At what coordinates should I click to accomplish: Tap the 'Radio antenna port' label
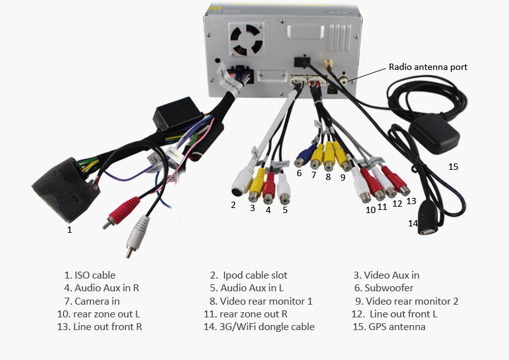coord(428,67)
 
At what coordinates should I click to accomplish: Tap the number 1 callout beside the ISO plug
coord(69,230)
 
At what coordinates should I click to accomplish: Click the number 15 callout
coord(453,167)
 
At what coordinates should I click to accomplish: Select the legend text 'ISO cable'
coord(95,275)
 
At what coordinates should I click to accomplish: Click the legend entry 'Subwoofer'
coord(389,288)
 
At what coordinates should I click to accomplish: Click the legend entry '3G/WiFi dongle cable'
coord(267,327)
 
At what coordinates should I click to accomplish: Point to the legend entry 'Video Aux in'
coord(391,275)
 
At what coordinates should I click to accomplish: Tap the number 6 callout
coord(299,173)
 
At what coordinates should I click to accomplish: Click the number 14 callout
coord(413,223)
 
